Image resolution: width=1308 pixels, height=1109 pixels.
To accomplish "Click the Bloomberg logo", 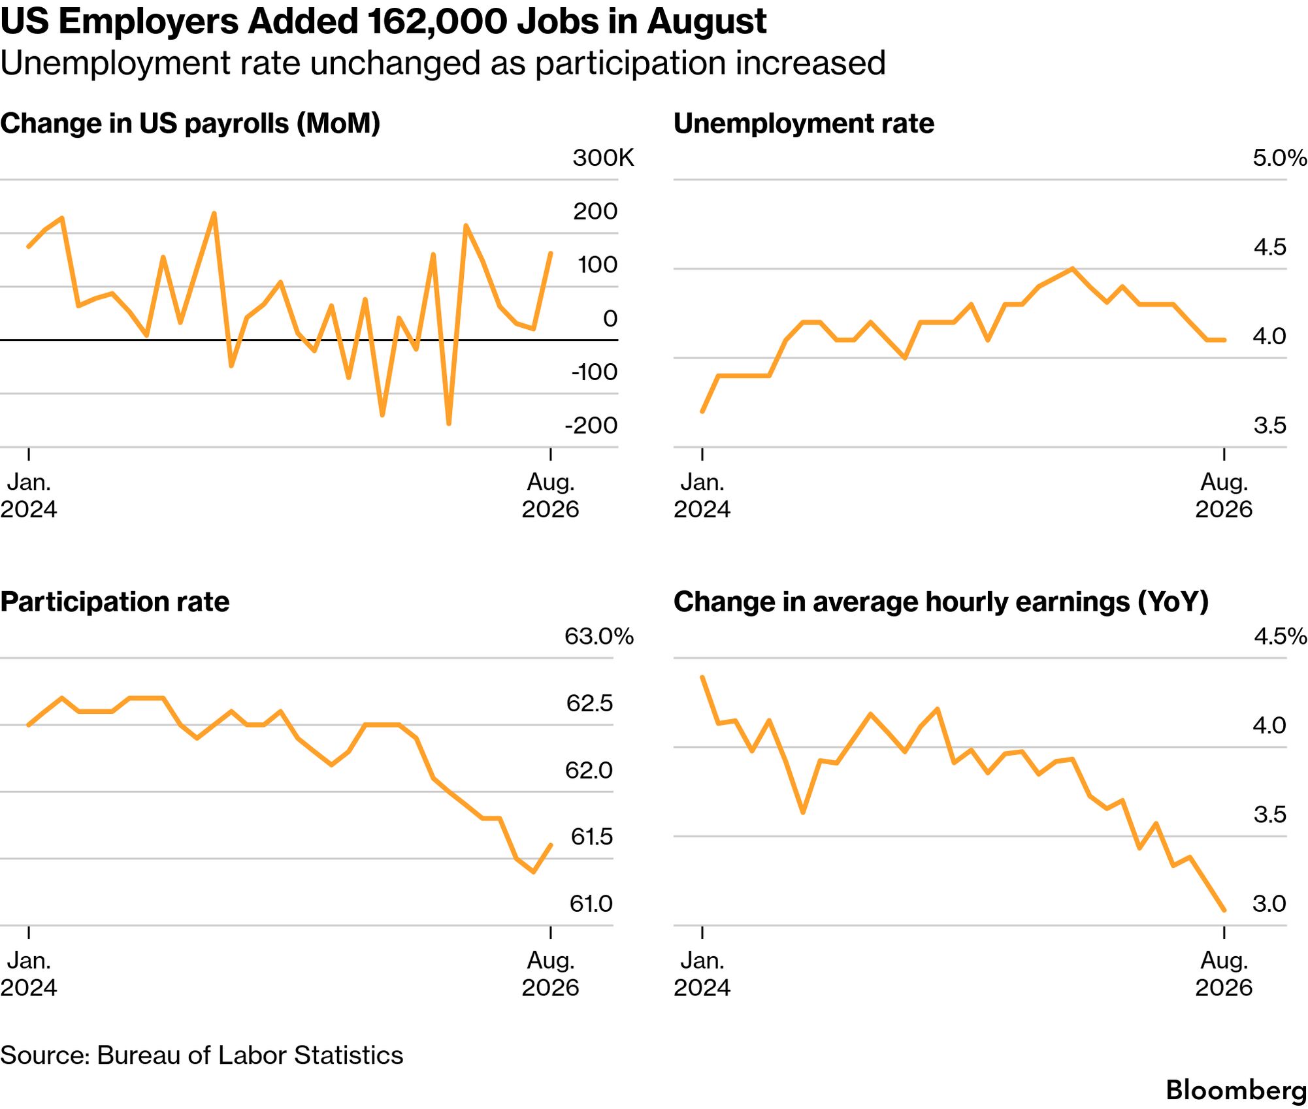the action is click(1236, 1091).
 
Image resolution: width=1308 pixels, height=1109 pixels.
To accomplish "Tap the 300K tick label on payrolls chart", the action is click(603, 158).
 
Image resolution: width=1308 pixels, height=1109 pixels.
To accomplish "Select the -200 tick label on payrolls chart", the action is click(591, 425).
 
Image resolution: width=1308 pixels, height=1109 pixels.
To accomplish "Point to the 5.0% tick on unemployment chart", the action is click(1279, 158).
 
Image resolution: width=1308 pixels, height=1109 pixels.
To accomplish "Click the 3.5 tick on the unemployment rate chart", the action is click(1269, 425).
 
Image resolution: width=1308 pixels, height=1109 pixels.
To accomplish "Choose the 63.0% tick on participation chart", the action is click(599, 636).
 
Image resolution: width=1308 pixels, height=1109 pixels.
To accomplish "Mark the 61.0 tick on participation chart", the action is click(591, 903).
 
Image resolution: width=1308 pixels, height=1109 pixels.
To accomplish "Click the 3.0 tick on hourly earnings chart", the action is click(1269, 903).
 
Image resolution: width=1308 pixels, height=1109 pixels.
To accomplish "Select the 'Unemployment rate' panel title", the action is click(804, 123).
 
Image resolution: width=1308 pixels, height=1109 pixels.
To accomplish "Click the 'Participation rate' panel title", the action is click(115, 602).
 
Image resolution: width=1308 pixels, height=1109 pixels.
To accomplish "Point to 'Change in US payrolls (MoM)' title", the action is click(190, 123).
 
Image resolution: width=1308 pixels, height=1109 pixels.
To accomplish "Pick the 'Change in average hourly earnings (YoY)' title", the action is click(941, 602).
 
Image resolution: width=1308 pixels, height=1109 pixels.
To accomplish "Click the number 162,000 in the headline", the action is click(436, 22).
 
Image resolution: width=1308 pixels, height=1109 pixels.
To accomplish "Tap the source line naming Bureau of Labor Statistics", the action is click(202, 1055).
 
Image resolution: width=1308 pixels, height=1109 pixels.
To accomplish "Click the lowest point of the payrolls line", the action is click(449, 424).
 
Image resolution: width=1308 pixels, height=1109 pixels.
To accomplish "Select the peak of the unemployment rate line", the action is click(1072, 268).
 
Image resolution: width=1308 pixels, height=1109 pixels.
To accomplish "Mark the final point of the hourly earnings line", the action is click(1224, 910).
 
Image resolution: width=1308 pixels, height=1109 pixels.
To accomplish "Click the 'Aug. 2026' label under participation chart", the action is click(550, 973).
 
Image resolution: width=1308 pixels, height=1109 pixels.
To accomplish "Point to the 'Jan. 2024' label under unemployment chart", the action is click(702, 496).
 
